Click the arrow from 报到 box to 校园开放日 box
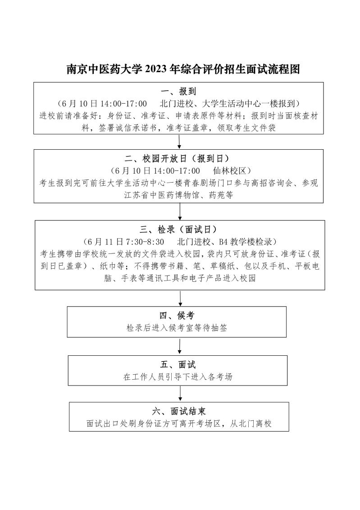click(x=179, y=141)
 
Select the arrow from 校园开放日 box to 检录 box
click(x=180, y=211)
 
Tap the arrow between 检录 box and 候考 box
click(x=180, y=298)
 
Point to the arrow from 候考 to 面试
click(x=180, y=346)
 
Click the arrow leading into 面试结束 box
click(x=180, y=393)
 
